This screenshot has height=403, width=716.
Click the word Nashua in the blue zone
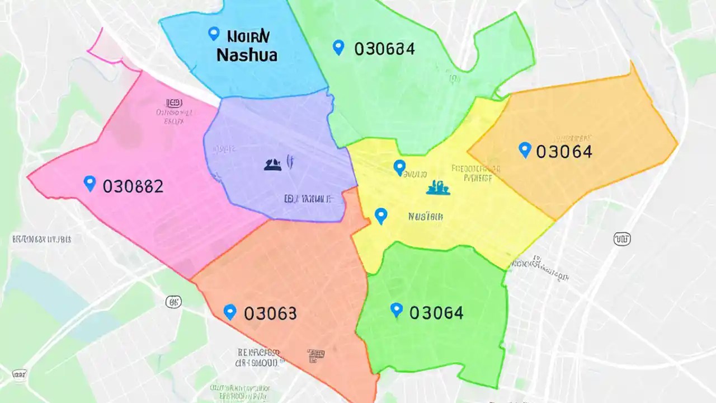[x=247, y=55]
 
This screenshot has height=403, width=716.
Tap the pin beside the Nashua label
[x=213, y=34]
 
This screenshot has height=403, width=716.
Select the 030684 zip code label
[x=384, y=49]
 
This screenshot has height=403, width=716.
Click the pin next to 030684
[x=338, y=47]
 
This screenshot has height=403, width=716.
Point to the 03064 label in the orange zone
[x=564, y=151]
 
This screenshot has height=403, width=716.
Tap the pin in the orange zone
[x=524, y=149]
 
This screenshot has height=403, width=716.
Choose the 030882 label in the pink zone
[x=133, y=186]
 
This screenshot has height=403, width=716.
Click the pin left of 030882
[x=89, y=183]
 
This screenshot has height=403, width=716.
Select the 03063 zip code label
[x=270, y=313]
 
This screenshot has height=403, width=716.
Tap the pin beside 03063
[x=229, y=312]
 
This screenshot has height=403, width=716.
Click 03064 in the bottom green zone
[x=436, y=312]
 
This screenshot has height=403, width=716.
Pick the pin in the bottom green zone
[x=396, y=310]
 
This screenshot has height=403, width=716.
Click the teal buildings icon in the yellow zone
[x=438, y=188]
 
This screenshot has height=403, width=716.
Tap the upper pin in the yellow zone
[x=399, y=167]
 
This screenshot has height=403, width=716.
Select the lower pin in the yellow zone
[x=381, y=215]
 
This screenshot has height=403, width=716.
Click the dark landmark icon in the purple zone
[x=272, y=164]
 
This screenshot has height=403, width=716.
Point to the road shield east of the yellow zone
[x=622, y=239]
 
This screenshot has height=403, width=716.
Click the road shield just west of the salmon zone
[x=174, y=302]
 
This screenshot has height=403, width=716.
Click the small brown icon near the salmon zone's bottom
[x=316, y=354]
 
